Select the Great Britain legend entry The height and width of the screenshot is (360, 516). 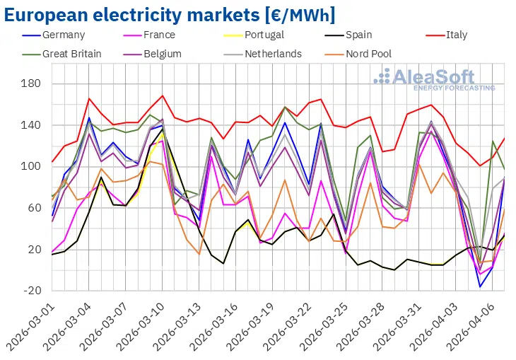(x=71, y=54)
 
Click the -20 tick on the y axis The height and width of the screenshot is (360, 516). (x=33, y=291)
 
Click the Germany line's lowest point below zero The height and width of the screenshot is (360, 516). (x=481, y=286)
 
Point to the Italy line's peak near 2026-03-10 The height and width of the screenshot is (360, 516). (x=163, y=95)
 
